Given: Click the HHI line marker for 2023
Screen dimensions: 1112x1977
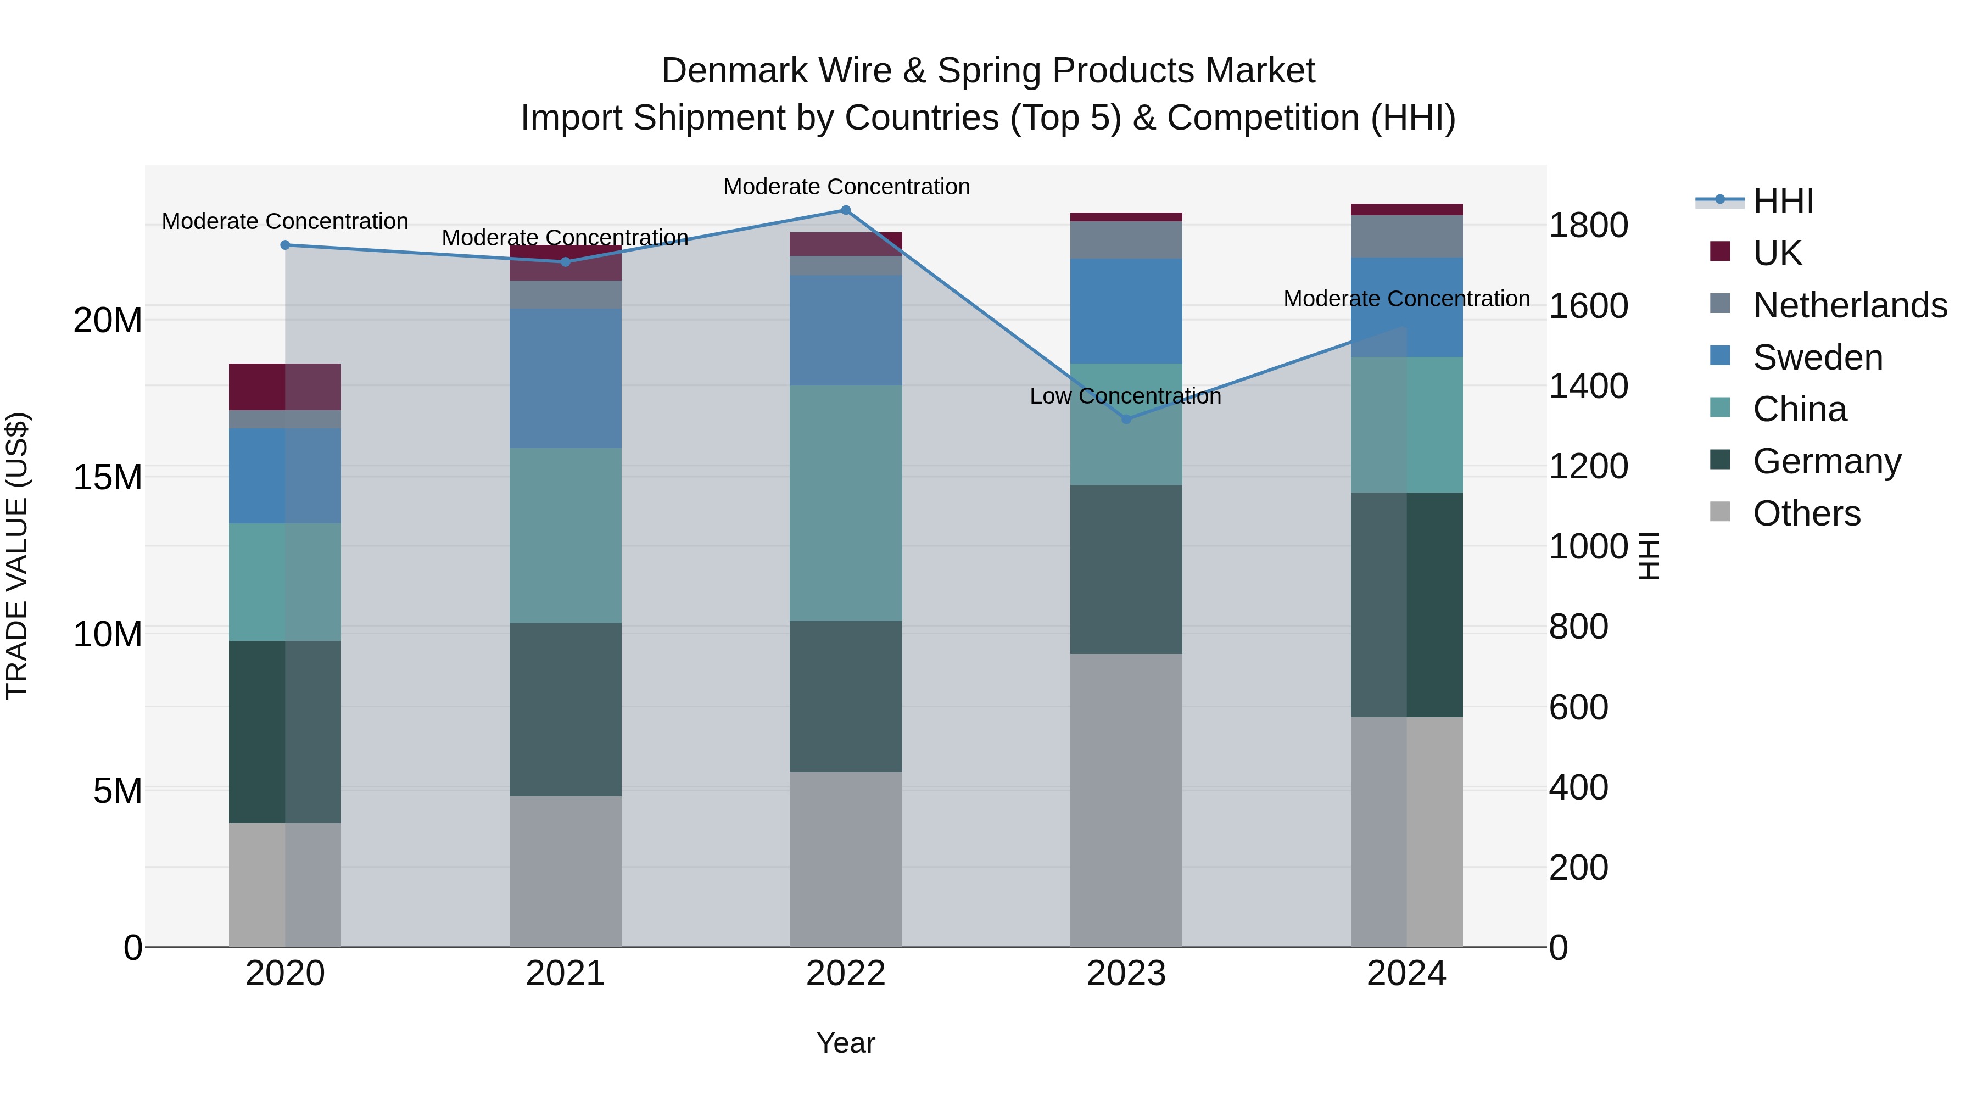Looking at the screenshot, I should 1126,419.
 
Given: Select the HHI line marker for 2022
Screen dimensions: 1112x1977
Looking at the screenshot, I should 846,210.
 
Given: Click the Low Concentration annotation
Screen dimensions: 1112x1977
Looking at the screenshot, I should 1125,396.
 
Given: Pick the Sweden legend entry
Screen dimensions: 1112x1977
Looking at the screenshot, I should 1817,357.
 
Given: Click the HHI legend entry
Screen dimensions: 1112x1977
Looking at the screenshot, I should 1783,201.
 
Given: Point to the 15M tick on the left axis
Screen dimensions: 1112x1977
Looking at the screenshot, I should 108,477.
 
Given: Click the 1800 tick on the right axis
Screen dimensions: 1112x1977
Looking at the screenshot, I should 1588,226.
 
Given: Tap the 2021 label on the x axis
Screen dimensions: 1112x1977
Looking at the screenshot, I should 565,974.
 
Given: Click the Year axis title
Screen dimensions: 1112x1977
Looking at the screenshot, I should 845,1043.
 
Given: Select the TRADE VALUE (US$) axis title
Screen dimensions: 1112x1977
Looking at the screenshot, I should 17,556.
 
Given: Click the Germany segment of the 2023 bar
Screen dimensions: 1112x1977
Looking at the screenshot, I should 1126,569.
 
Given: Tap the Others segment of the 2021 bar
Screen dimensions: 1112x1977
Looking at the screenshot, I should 565,871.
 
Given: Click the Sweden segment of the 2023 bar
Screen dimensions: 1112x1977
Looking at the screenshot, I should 1126,311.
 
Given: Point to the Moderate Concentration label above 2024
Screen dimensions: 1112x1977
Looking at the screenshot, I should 1406,299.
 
